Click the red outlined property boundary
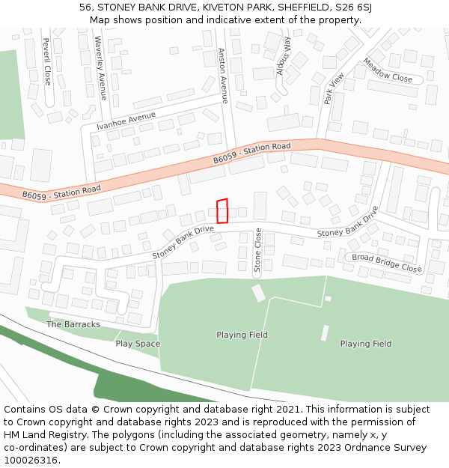click(222, 211)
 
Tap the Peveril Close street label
click(46, 61)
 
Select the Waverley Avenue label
click(101, 67)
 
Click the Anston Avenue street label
click(222, 76)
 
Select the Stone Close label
click(257, 250)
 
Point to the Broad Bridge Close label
click(386, 262)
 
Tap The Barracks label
click(73, 324)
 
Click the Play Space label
click(138, 344)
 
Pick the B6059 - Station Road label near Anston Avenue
click(251, 153)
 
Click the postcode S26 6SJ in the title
click(351, 7)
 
